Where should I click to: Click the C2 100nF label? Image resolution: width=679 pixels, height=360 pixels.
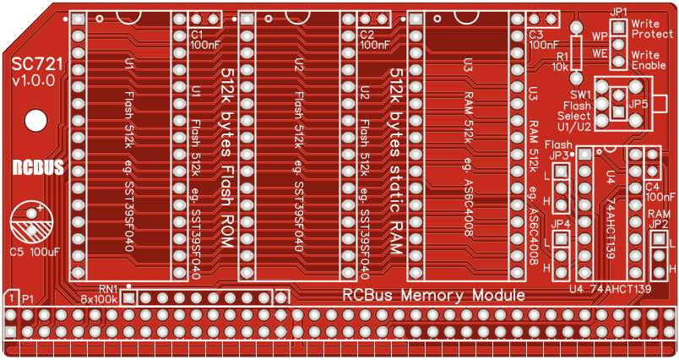(374, 40)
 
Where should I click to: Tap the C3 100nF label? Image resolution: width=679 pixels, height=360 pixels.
(543, 40)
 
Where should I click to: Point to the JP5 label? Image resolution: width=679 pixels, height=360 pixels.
(638, 103)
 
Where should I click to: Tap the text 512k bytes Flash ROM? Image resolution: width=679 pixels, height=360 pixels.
(227, 158)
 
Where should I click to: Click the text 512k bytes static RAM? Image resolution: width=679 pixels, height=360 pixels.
(395, 158)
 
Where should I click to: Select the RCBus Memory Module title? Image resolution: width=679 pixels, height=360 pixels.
(433, 295)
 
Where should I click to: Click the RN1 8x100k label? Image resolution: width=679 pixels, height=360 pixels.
(99, 294)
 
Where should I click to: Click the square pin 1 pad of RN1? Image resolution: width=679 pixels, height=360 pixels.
(128, 298)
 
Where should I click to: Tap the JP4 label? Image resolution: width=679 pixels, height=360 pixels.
(560, 224)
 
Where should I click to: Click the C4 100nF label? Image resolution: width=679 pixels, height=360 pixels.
(659, 191)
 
